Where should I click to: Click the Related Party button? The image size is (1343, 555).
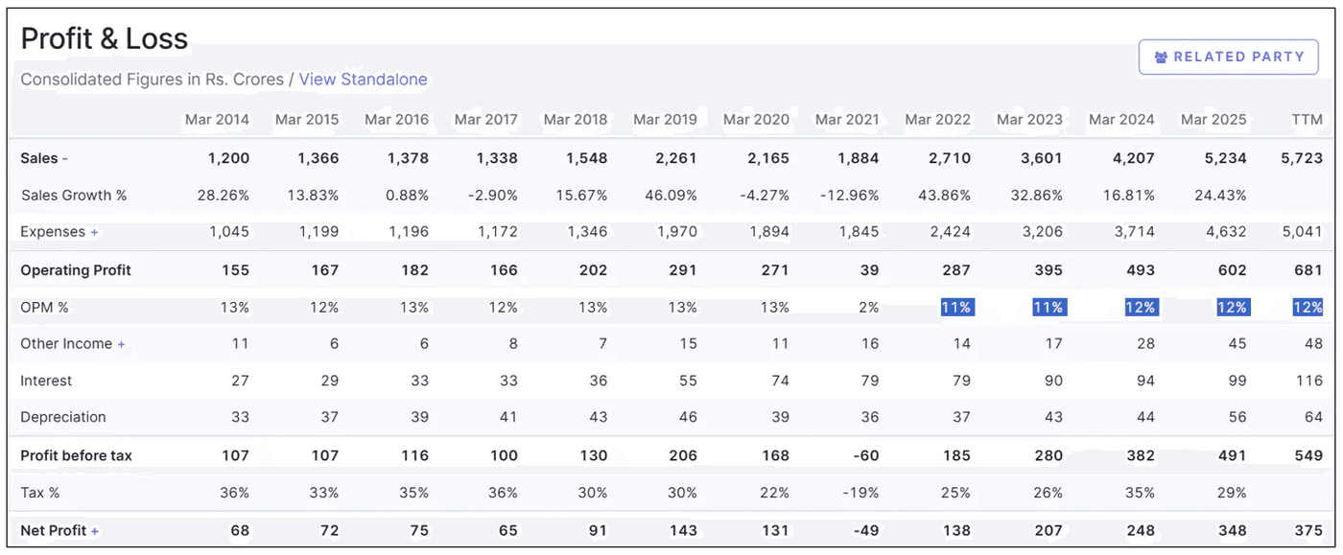[1229, 57]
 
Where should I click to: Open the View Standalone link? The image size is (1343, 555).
[363, 80]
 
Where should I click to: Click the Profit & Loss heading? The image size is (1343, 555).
[105, 38]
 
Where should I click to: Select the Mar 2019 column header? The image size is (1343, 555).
[665, 120]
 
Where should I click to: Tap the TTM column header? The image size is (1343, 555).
[1307, 120]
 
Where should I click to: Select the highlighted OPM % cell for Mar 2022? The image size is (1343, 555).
[955, 308]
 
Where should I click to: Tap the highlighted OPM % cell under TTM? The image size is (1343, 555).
[1308, 308]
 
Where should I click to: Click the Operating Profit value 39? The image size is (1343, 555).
[869, 270]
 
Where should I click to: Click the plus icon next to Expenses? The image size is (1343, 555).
[95, 232]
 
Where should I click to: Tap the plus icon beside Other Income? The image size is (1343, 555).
[122, 344]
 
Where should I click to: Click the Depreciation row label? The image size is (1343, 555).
[63, 417]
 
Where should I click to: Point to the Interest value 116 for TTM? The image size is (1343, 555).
[1308, 381]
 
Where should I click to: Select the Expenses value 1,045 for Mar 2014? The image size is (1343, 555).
[228, 232]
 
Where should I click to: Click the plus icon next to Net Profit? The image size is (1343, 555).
[95, 531]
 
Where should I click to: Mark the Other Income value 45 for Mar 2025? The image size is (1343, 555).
[1237, 344]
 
